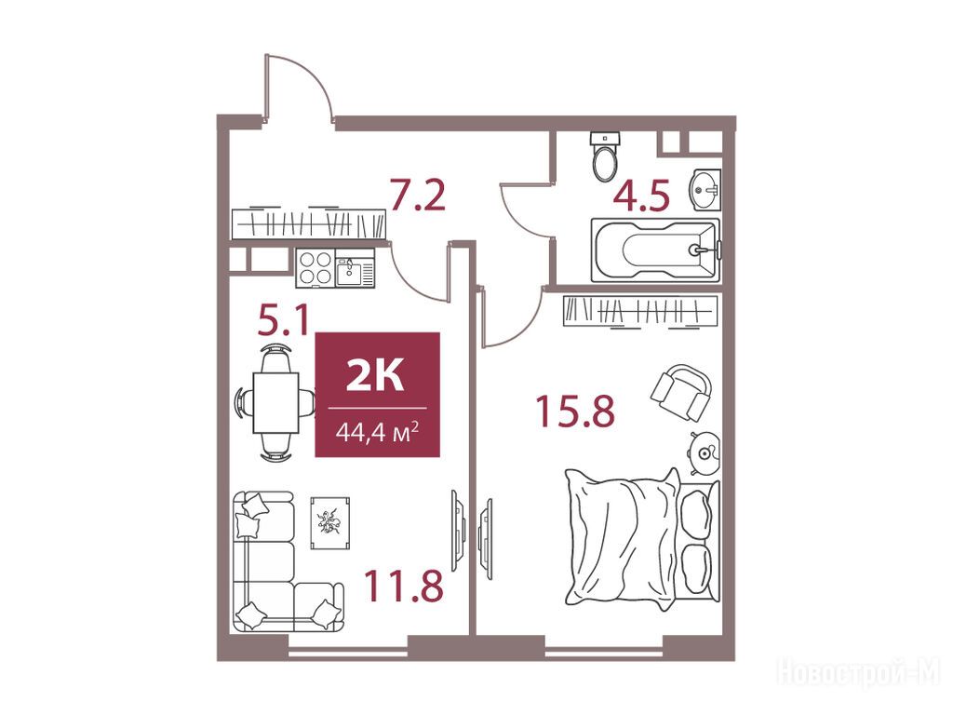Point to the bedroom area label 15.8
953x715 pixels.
coord(575,411)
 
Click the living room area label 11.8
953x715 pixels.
coord(404,587)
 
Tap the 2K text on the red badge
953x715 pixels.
coord(375,375)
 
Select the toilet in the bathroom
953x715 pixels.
coord(604,156)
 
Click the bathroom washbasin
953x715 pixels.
coord(705,190)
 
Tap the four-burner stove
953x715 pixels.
coord(315,268)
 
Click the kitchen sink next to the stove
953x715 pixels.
coord(356,268)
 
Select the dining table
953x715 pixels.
coord(275,402)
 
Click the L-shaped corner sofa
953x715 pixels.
coord(286,561)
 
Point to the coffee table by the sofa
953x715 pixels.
coord(330,522)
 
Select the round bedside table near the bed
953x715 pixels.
coord(705,452)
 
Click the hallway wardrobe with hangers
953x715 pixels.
coord(309,224)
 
